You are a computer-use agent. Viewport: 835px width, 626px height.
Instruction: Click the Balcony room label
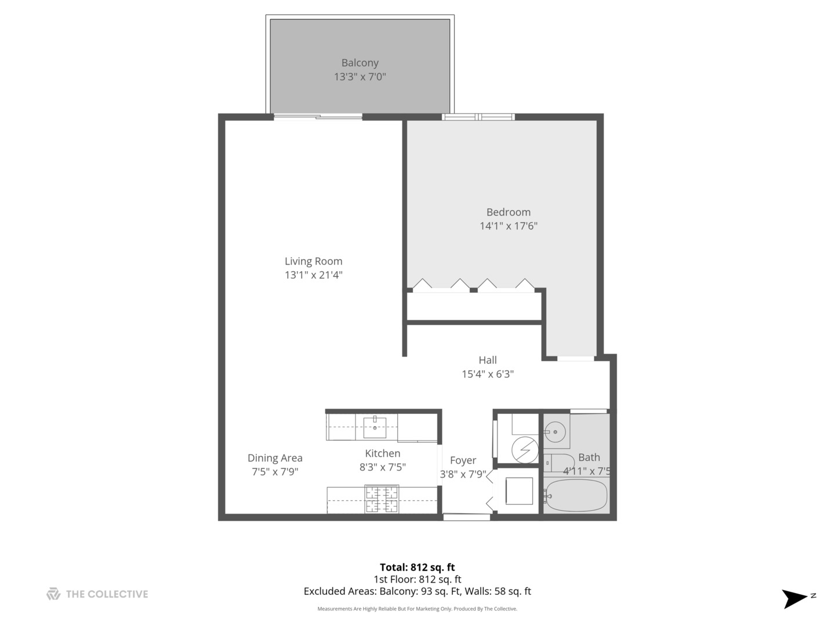[x=360, y=63]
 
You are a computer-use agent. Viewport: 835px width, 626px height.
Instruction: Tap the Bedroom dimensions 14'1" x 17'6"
[x=508, y=226]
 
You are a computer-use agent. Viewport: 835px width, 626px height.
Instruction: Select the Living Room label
[x=313, y=261]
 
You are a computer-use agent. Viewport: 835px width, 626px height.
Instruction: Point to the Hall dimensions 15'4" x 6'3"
[x=487, y=374]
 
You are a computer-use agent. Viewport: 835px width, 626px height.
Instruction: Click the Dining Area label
[x=275, y=458]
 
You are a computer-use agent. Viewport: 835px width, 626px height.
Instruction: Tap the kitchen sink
[x=375, y=427]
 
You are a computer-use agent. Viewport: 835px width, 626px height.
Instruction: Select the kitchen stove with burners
[x=381, y=499]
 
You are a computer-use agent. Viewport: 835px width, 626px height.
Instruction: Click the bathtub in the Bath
[x=576, y=496]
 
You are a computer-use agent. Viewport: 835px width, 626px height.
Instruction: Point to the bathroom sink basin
[x=556, y=431]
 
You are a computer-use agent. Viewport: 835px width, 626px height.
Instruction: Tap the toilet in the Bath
[x=558, y=463]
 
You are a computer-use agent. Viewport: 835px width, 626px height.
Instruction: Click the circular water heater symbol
[x=525, y=449]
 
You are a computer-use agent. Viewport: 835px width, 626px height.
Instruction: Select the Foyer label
[x=463, y=460]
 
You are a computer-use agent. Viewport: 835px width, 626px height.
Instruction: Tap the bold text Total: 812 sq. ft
[x=417, y=567]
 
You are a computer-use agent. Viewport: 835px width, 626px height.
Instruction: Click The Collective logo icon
[x=53, y=594]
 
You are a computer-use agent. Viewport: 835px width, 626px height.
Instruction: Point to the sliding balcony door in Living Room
[x=318, y=117]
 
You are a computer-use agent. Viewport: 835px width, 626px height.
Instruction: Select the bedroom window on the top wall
[x=478, y=117]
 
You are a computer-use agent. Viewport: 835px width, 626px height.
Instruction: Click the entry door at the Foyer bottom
[x=466, y=516]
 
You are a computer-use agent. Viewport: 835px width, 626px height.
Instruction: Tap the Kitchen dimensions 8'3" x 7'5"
[x=382, y=467]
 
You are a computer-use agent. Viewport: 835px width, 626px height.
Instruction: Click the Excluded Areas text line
[x=417, y=591]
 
